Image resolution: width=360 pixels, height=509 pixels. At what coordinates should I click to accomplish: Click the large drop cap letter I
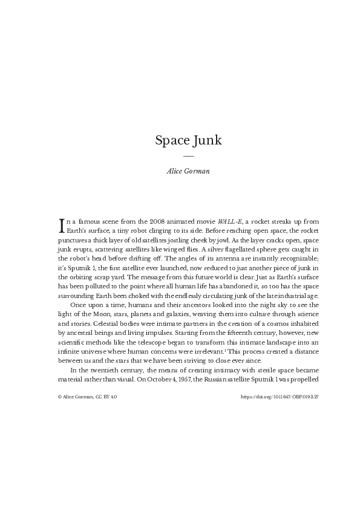coord(61,225)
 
